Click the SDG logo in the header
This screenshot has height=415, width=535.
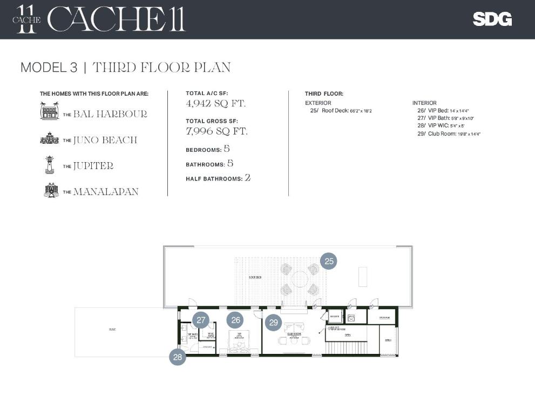(x=492, y=19)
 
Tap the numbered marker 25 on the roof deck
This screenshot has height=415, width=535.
(x=329, y=262)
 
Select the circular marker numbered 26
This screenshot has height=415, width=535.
(x=235, y=320)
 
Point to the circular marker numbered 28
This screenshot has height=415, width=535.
(x=178, y=357)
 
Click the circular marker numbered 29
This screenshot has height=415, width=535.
(x=273, y=323)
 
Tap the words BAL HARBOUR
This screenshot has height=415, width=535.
(x=110, y=114)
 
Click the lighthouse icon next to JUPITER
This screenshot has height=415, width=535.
(x=50, y=165)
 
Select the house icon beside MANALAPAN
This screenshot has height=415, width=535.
(x=51, y=191)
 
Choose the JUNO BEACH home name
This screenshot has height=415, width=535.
(x=105, y=140)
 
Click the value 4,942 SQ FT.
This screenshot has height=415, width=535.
(x=215, y=103)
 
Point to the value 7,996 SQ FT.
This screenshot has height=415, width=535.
(x=216, y=131)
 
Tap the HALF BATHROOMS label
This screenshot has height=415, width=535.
(x=215, y=179)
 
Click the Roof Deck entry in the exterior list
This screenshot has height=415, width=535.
(x=341, y=111)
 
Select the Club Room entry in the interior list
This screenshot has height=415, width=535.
(x=449, y=133)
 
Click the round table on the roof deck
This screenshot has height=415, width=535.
(x=300, y=279)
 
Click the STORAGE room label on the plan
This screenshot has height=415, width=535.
(x=384, y=318)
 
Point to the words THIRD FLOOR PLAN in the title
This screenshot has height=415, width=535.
(x=161, y=68)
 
